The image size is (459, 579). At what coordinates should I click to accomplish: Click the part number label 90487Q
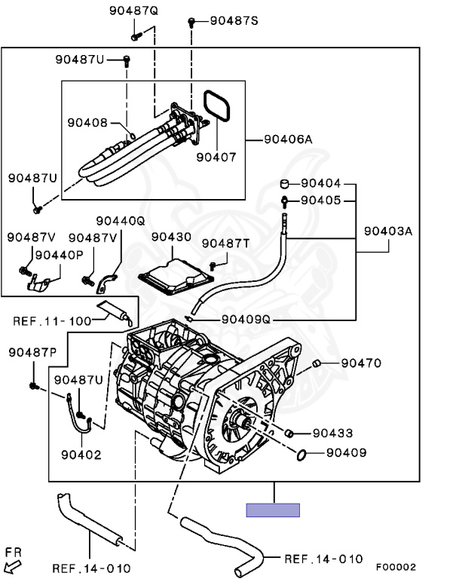[x=133, y=11]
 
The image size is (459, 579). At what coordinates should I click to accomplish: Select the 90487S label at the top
[x=234, y=20]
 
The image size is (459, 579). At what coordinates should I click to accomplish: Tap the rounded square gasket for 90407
[x=217, y=106]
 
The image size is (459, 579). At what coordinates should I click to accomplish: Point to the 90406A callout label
[x=289, y=139]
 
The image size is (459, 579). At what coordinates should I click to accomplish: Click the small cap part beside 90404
[x=285, y=183]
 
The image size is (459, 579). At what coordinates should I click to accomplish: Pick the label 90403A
[x=388, y=231]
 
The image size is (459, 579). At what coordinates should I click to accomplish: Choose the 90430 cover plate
[x=176, y=277]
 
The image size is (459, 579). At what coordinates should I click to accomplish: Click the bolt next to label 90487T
[x=213, y=266]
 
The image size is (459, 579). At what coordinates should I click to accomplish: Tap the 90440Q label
[x=121, y=221]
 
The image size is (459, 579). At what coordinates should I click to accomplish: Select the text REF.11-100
[x=52, y=321]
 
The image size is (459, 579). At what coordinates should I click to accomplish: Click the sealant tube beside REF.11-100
[x=114, y=312]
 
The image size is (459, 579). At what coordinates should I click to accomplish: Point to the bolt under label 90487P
[x=35, y=386]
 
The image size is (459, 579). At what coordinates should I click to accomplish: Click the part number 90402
[x=81, y=455]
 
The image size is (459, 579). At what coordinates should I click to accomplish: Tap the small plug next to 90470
[x=316, y=363]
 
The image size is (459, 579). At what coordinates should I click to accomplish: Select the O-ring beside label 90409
[x=301, y=455]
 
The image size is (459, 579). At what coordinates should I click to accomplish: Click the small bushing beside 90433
[x=289, y=433]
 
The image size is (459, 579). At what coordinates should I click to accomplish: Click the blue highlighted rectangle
[x=273, y=510]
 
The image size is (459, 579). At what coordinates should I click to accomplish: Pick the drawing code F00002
[x=396, y=567]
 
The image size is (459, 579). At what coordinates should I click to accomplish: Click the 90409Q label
[x=246, y=320]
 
